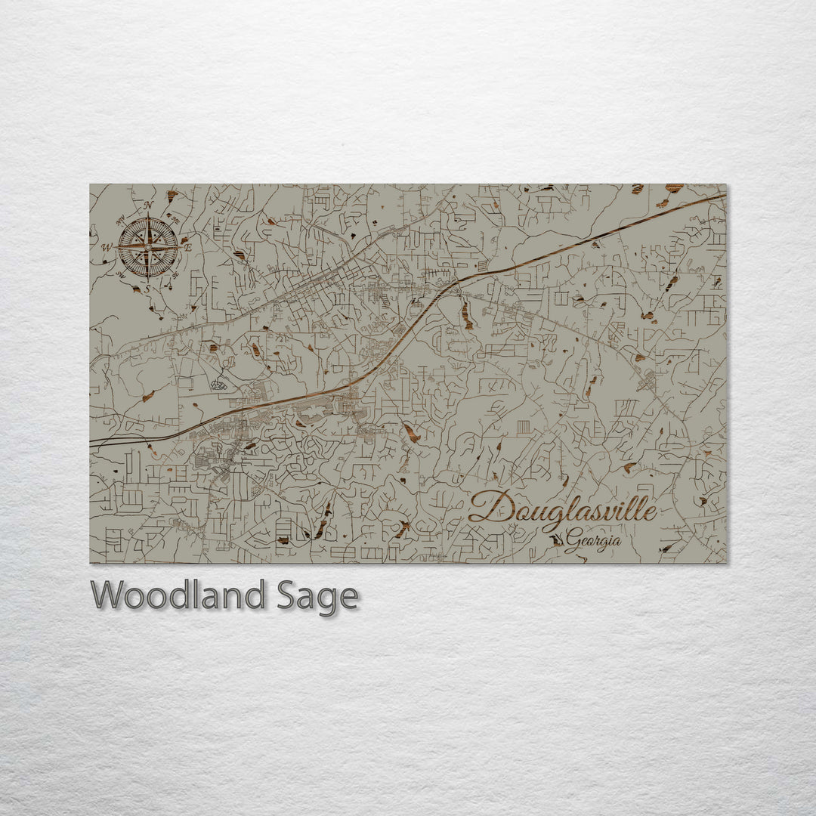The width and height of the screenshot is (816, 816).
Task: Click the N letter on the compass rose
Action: [149, 206]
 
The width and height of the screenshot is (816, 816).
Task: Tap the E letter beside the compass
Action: [189, 247]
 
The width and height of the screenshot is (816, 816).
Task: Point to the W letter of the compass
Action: [107, 247]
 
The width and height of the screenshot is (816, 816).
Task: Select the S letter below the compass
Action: [148, 288]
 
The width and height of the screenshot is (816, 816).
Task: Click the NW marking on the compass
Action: [121, 221]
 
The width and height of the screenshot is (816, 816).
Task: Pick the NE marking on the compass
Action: [175, 220]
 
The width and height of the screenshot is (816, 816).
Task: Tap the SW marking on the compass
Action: [121, 274]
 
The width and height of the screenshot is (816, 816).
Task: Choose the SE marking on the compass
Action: [175, 275]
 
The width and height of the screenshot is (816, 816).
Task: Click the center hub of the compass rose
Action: [148, 246]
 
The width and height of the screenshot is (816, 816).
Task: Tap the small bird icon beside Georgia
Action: [557, 540]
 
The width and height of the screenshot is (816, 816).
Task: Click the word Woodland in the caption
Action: [178, 595]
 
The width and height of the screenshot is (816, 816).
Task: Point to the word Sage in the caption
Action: [315, 596]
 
